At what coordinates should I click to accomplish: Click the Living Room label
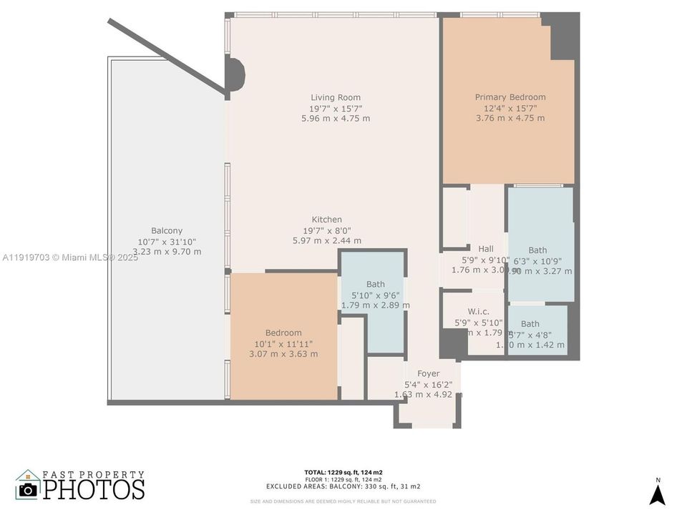pos(336,97)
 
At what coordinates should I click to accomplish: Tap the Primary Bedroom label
pos(510,97)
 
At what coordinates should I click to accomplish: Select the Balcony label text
pos(167,230)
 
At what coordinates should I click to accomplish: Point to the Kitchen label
pos(326,220)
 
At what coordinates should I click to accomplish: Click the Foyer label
pos(428,373)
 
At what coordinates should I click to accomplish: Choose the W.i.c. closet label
pos(478,311)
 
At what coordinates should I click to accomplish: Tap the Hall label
pos(486,249)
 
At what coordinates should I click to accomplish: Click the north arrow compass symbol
pos(657,493)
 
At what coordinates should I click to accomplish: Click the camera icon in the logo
pos(28,489)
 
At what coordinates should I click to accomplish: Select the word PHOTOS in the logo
pos(93,489)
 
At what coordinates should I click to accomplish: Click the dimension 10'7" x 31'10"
pos(167,241)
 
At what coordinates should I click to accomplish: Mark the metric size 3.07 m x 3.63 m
pos(283,354)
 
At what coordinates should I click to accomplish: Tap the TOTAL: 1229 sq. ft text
pos(343,472)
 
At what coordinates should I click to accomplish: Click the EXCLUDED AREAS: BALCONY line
pos(343,486)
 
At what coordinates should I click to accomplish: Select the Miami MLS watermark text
pos(70,257)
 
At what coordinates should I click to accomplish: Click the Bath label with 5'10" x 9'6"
pos(375,284)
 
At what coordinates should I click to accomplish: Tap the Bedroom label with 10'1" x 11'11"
pos(283,333)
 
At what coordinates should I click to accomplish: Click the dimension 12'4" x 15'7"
pos(510,108)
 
